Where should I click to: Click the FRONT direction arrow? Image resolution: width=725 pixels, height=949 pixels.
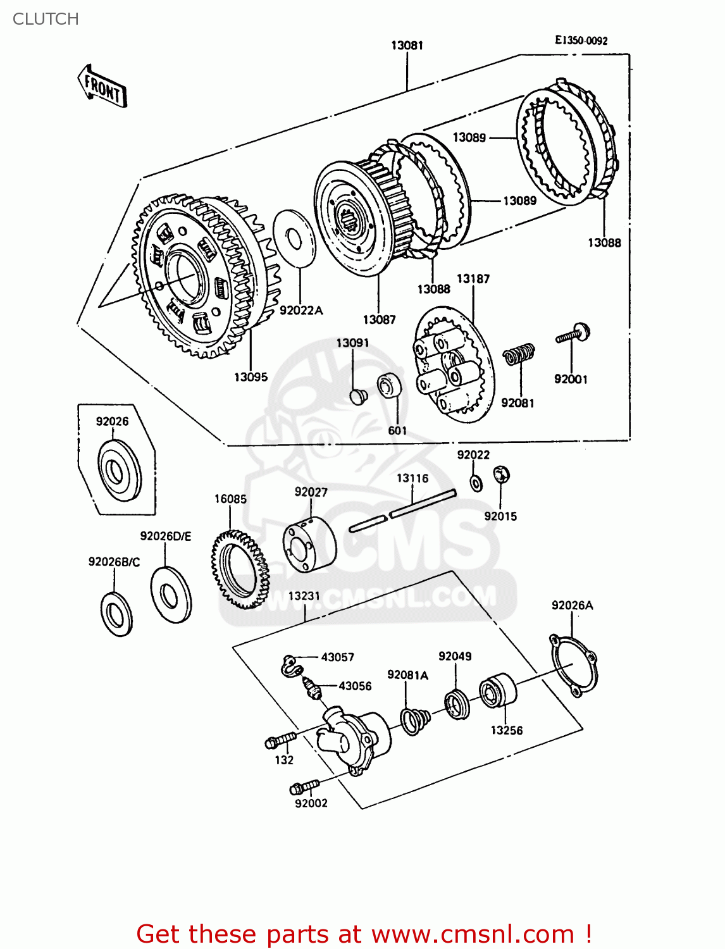(102, 87)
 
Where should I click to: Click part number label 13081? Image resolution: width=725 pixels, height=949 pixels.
(407, 45)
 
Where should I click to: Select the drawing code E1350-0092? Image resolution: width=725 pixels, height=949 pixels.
(581, 40)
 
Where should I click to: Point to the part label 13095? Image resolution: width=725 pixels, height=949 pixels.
(251, 377)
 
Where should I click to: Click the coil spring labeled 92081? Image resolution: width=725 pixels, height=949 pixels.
(519, 354)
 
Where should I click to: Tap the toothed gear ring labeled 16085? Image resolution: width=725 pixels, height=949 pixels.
(240, 569)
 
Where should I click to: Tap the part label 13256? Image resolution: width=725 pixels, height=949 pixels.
(507, 730)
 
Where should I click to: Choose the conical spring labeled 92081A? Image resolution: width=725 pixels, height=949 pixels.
(415, 721)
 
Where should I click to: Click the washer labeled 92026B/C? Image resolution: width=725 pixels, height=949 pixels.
(116, 614)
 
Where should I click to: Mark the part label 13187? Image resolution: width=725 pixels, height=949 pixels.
(473, 278)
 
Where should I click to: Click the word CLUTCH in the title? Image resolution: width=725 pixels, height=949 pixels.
(46, 19)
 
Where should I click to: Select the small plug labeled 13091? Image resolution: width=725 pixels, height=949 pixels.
(359, 397)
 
